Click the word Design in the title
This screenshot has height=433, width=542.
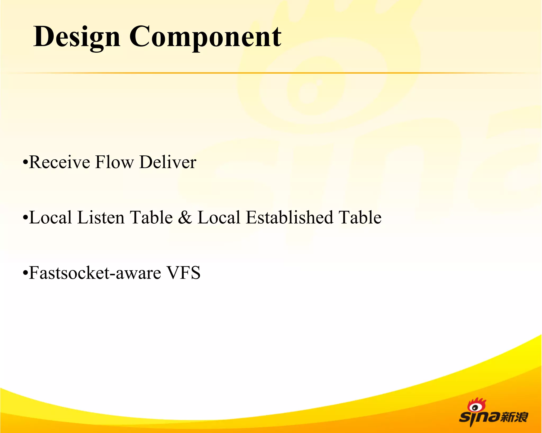pyautogui.click(x=77, y=37)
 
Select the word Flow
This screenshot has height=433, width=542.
pyautogui.click(x=114, y=162)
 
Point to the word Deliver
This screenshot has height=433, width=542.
pyautogui.click(x=168, y=162)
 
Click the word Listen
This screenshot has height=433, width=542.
pyautogui.click(x=101, y=218)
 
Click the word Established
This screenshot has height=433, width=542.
pyautogui.click(x=289, y=218)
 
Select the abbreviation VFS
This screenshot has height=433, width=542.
pyautogui.click(x=183, y=273)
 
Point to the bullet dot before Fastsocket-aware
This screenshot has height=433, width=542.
pyautogui.click(x=25, y=273)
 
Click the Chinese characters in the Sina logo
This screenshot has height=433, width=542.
pyautogui.click(x=514, y=417)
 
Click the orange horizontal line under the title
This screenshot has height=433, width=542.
pyautogui.click(x=265, y=73)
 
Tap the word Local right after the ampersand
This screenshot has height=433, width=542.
pyautogui.click(x=219, y=218)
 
